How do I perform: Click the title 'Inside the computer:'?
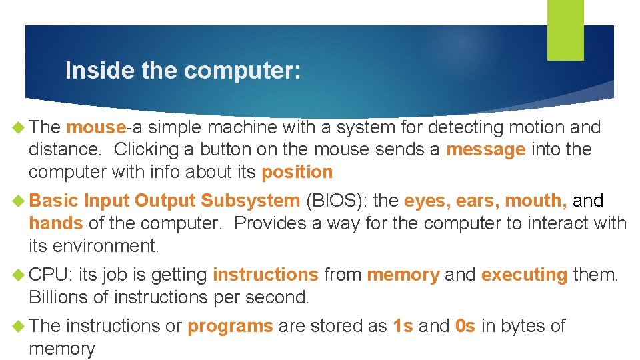coord(183,71)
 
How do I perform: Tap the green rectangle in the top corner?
coord(565,29)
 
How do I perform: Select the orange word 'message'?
coord(485,150)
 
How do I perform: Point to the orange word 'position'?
coord(297,172)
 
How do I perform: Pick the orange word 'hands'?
coord(55,223)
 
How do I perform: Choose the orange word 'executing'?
coord(524,275)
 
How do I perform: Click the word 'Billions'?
coord(61,297)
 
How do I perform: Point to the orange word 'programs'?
coord(230,326)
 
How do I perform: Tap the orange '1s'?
coord(403,326)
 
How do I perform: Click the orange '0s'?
coord(465,326)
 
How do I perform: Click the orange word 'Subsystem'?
coord(250,201)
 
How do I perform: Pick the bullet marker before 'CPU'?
coord(19,275)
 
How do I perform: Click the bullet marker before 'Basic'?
coord(19,201)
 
